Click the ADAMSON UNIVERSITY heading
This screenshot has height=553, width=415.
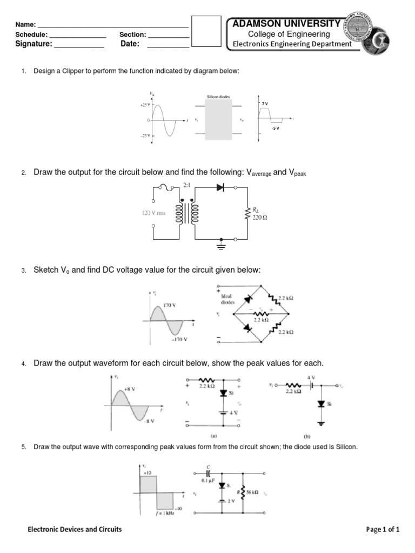(286, 24)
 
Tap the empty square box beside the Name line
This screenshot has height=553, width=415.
(206, 31)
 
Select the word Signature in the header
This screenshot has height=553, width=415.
(34, 44)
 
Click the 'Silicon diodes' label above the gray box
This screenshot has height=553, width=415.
(218, 97)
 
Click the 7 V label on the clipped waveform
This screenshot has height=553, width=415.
(264, 102)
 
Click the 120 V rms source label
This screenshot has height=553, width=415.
(154, 213)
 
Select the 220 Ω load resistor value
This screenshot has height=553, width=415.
(260, 218)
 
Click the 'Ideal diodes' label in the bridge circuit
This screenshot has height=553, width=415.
(227, 299)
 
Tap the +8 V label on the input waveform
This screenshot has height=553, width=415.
(130, 389)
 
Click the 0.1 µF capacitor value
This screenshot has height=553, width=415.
(209, 479)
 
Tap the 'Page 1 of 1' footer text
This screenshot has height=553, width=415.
(383, 529)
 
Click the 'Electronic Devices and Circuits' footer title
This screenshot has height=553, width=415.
(75, 529)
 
